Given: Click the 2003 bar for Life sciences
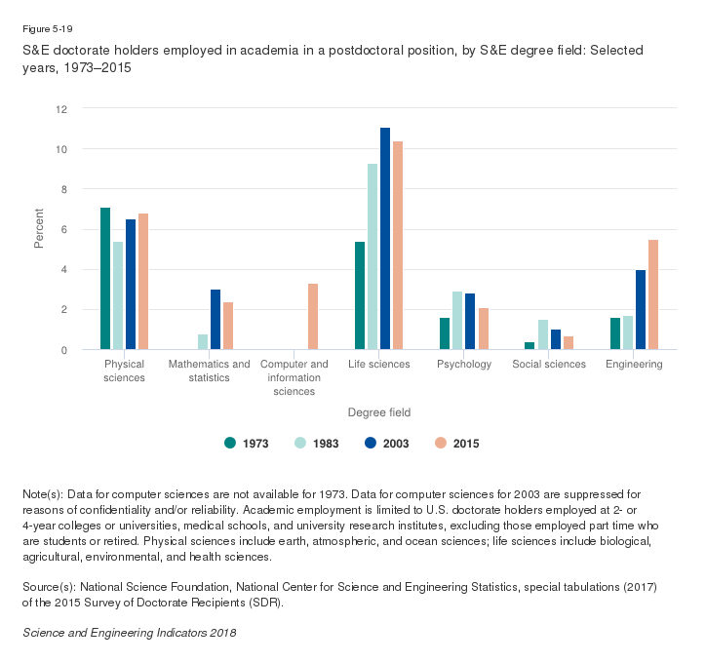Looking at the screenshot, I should (385, 239).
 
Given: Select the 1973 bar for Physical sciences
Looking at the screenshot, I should (105, 279).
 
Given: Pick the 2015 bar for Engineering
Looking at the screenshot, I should (653, 294).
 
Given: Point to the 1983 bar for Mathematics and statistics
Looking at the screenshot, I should (203, 342).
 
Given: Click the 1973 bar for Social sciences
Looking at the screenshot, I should (529, 346).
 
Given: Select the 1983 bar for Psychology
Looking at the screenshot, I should (457, 321).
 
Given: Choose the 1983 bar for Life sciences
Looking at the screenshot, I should (373, 256).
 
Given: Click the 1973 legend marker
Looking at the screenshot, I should (230, 443).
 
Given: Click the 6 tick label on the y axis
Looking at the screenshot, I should (63, 229).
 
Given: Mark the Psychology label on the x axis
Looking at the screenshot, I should (463, 365).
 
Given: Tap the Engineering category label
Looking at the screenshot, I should (634, 365).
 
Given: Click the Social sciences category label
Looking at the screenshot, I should (549, 365).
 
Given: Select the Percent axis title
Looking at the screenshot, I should (40, 229).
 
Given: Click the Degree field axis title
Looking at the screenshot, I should (379, 413).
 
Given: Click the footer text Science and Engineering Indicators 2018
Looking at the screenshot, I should (129, 633).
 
